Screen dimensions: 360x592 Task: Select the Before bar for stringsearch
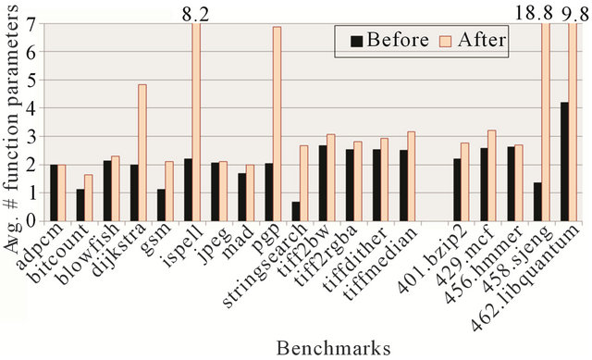click(x=295, y=211)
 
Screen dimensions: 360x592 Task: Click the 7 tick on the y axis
click(x=32, y=25)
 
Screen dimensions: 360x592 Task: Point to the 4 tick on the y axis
click(x=32, y=109)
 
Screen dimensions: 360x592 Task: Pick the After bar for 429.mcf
click(x=491, y=176)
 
